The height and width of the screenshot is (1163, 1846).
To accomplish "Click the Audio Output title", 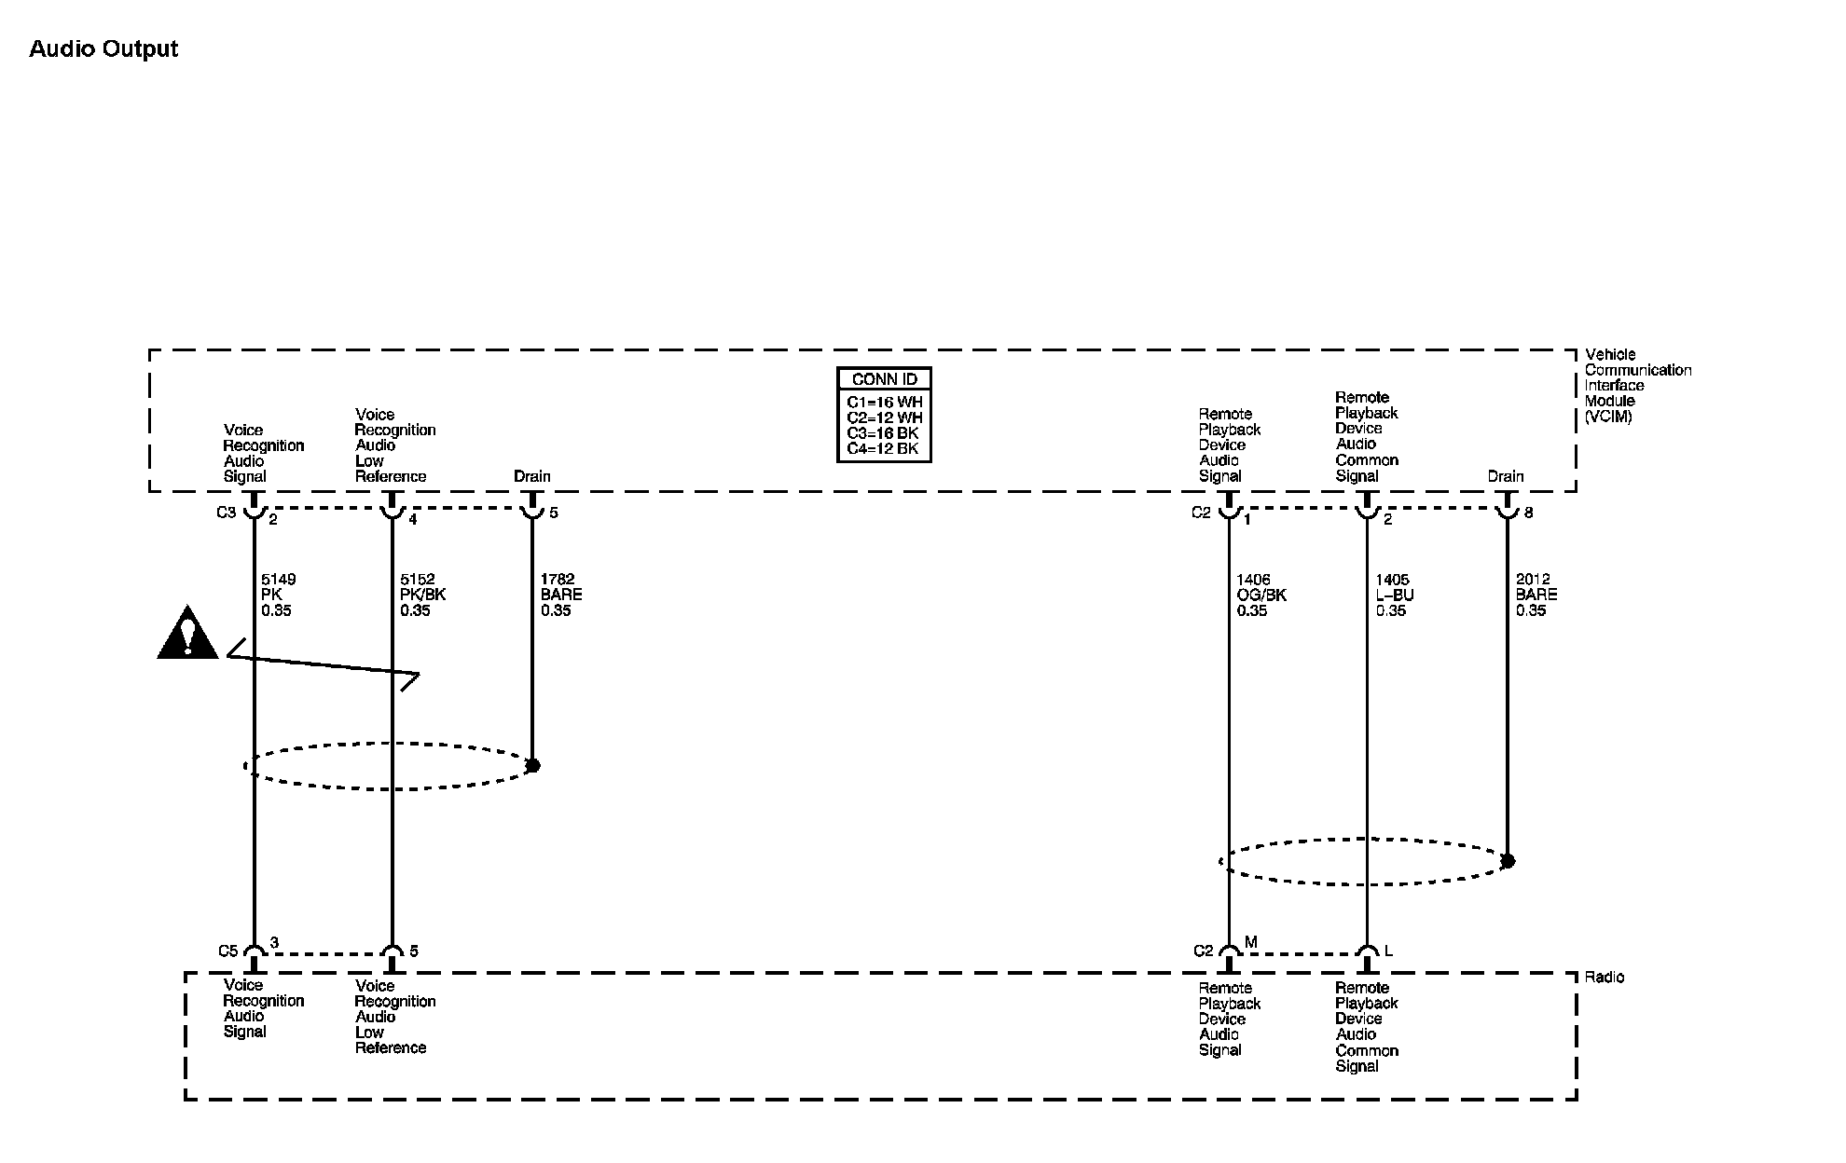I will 103,49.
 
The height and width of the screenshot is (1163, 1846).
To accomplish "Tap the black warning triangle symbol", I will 187,634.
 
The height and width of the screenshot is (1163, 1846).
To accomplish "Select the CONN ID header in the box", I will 884,379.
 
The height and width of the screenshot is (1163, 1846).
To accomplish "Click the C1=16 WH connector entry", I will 884,403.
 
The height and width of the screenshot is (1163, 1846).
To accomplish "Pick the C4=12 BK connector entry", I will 882,449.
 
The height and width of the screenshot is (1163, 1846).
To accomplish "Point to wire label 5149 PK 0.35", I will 277,595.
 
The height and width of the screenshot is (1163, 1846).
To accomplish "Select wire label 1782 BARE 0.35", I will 560,595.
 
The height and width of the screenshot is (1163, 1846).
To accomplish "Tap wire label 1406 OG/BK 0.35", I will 1261,595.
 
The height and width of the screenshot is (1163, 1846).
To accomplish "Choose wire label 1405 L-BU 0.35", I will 1395,595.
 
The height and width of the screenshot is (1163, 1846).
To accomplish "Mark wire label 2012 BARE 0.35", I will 1536,595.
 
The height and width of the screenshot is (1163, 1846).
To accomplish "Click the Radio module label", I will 1604,977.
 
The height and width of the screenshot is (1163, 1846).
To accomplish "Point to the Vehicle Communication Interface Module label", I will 1637,385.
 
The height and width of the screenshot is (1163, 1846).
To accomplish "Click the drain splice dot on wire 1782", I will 532,765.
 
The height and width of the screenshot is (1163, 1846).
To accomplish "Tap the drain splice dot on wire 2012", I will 1508,861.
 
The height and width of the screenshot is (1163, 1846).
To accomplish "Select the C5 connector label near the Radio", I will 228,951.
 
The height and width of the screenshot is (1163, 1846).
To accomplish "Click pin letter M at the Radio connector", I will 1250,943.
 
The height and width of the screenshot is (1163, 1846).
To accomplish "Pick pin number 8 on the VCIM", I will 1528,513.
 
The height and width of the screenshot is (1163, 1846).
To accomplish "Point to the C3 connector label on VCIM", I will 227,513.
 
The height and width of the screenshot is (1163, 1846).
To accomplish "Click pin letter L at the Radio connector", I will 1388,951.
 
